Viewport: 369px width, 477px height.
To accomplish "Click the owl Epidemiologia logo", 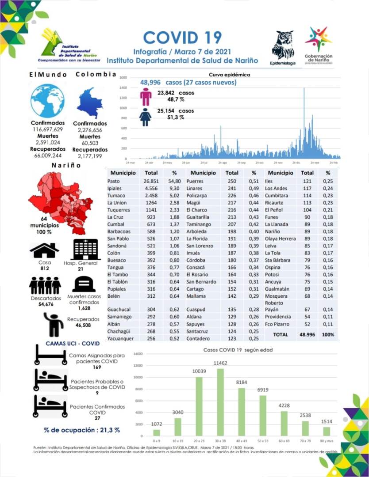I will [x=283, y=46].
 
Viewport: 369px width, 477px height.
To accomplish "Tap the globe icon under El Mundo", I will [x=47, y=101].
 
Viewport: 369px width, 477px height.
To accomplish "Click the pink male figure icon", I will [x=146, y=96].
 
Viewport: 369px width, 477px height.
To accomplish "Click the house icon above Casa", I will [x=44, y=250].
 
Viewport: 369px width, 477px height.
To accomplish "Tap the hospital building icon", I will [x=86, y=250].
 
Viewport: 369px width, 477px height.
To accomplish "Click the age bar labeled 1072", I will [x=157, y=432].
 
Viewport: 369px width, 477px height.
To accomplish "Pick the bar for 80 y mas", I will [x=326, y=431].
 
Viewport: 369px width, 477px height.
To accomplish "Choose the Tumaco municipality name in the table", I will [x=116, y=196].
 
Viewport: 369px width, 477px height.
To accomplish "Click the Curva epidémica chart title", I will [x=230, y=75].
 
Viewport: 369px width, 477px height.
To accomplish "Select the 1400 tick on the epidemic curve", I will [x=123, y=88].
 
